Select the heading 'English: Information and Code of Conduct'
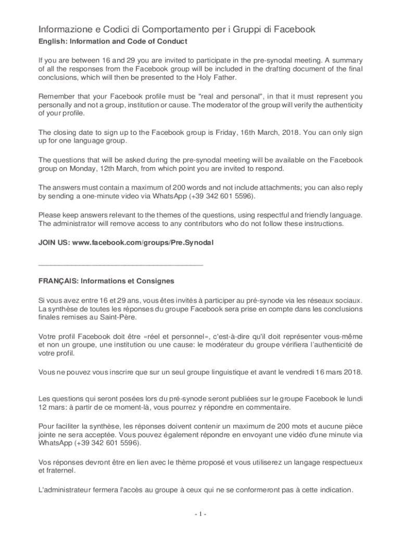point(113,41)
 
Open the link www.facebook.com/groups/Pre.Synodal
point(143,243)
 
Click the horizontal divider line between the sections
point(121,265)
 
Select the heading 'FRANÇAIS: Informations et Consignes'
point(106,281)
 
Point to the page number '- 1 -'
point(200,515)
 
